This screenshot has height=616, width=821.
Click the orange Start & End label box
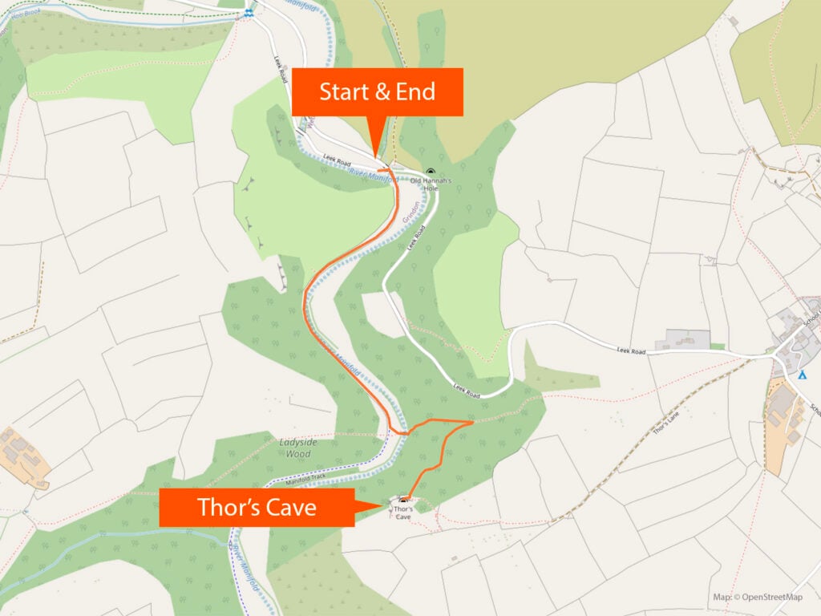point(377,91)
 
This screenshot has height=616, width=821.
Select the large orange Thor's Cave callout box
point(257,508)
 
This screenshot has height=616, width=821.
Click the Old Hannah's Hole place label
point(431,184)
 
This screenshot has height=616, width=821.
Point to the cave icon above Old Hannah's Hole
point(431,172)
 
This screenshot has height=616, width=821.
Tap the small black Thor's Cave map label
point(403,513)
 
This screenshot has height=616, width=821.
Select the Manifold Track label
point(305,478)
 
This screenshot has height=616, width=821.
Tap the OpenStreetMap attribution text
point(758,597)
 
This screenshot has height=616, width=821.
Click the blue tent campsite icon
point(803,375)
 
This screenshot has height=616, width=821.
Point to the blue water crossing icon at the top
point(250,13)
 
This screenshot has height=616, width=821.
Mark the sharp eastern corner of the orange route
point(473,421)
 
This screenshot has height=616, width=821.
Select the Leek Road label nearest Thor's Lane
point(632,351)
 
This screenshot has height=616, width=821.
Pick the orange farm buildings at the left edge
point(24,457)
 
